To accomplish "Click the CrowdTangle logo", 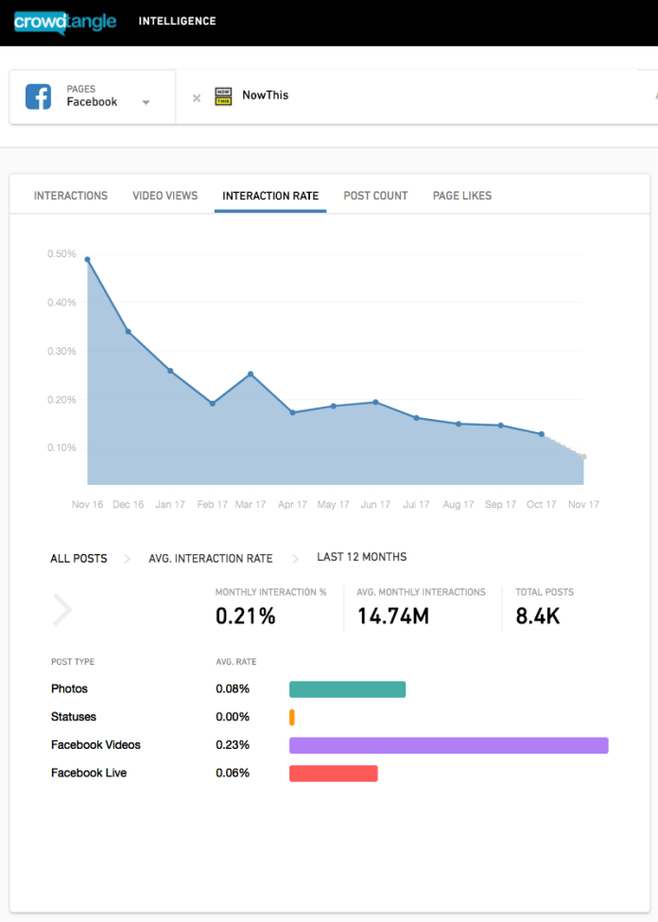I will [x=65, y=21].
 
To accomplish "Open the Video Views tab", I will [x=164, y=196].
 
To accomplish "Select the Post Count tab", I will [x=375, y=196].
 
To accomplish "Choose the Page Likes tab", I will [x=462, y=196].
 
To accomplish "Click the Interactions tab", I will [x=71, y=196].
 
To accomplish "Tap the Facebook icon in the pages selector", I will [x=38, y=96].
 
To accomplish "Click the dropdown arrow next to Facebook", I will [x=146, y=103].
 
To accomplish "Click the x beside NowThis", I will [x=197, y=97].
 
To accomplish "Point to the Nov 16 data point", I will [x=87, y=259].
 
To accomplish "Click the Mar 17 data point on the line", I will [x=251, y=374].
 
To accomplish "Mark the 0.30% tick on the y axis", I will [x=61, y=351].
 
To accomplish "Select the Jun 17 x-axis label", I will [x=375, y=505].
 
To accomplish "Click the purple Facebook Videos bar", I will [x=448, y=745].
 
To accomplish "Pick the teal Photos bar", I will [x=347, y=689].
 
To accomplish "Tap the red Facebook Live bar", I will [x=333, y=774].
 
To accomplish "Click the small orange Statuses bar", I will [x=292, y=717].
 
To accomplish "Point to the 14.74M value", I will [x=392, y=617].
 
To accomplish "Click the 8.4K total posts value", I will [x=538, y=617].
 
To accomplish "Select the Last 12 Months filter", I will [x=361, y=557].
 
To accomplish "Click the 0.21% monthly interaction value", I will [x=246, y=617].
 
